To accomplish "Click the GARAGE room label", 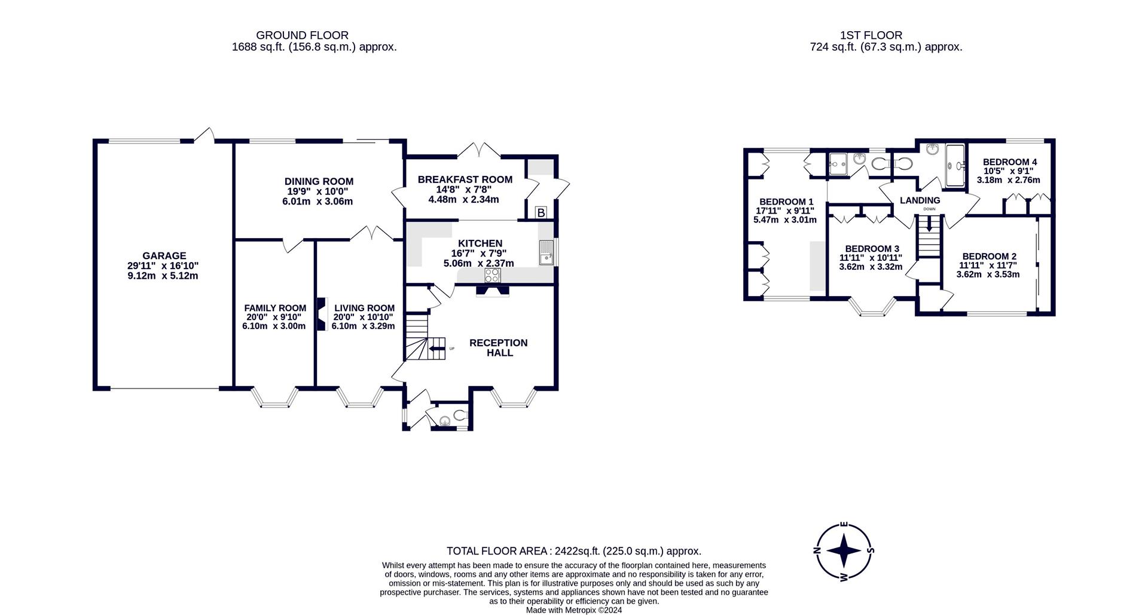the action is (164, 255).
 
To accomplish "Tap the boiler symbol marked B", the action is (541, 212).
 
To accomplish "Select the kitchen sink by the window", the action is (546, 252).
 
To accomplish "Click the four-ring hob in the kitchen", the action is (493, 275).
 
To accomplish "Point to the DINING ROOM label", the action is (319, 181).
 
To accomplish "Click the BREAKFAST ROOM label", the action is (465, 179).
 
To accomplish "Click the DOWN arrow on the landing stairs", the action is (929, 225).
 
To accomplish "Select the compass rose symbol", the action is (843, 550).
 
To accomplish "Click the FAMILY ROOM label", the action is (275, 308).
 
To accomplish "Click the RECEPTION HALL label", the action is (499, 348).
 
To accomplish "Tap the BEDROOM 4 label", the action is (1010, 162).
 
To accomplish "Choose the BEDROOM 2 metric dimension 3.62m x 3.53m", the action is (988, 275).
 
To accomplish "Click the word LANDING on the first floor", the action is (920, 200).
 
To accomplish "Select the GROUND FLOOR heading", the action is (302, 35).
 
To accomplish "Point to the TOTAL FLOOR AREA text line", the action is (574, 551).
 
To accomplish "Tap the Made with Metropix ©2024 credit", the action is (574, 610).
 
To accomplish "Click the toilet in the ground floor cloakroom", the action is (460, 414).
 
